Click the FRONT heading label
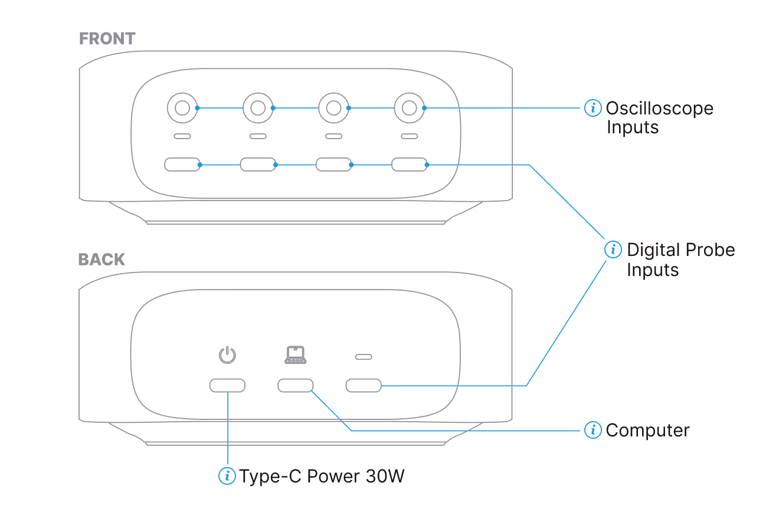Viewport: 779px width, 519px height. click(107, 39)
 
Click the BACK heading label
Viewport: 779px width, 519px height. click(102, 259)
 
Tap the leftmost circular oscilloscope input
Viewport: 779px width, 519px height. click(182, 108)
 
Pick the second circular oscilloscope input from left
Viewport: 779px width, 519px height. click(257, 108)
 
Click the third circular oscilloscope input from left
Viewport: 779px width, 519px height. click(333, 108)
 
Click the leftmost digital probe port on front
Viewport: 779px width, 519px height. click(182, 164)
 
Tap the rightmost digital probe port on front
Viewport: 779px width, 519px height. click(409, 164)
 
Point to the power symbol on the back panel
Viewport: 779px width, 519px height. click(227, 355)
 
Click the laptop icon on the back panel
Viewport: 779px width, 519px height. click(295, 354)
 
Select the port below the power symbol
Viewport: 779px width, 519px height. click(227, 386)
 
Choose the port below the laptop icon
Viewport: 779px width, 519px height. click(295, 386)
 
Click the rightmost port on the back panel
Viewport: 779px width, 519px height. click(363, 386)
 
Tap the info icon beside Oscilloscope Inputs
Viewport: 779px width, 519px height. click(593, 108)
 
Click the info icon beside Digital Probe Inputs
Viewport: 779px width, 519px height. click(613, 249)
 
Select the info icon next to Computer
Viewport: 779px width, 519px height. click(593, 430)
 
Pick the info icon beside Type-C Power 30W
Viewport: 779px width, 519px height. click(227, 476)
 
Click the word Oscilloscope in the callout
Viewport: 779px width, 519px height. click(659, 109)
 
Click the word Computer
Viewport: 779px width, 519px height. click(647, 431)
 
